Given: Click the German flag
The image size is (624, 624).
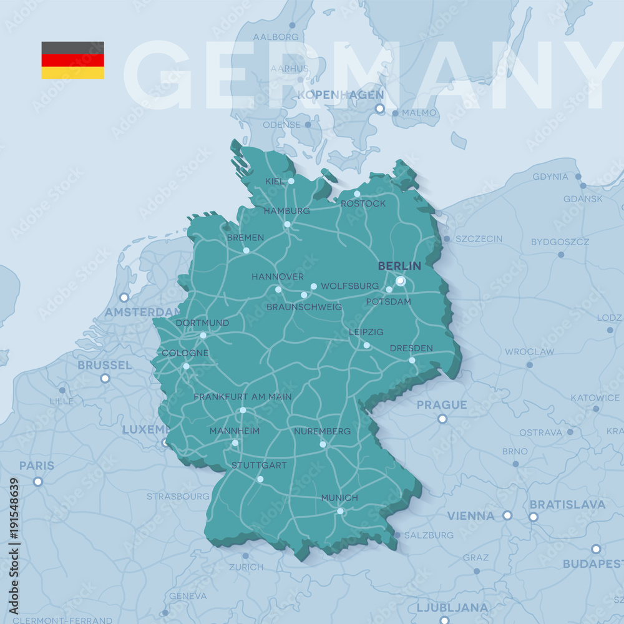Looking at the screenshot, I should [72, 60].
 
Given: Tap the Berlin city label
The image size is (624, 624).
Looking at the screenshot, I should [399, 266].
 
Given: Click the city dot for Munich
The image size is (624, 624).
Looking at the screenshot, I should [340, 511].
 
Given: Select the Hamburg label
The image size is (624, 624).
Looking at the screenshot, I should [286, 211].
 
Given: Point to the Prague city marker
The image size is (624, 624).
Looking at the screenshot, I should [442, 419].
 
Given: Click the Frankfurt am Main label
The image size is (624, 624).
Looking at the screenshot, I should [242, 397].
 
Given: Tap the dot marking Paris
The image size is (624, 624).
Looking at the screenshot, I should [38, 481].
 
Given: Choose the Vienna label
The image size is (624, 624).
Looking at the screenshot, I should [470, 516].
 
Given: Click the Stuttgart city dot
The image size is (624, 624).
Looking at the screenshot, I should [260, 479].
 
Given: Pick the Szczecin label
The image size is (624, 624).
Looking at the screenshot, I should [479, 239].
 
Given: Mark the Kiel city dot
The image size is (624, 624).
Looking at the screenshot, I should [291, 181].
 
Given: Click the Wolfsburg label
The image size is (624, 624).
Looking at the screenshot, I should [349, 286].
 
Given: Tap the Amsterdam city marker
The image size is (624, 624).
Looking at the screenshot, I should [124, 297].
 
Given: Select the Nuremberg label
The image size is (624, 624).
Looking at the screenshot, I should [323, 431].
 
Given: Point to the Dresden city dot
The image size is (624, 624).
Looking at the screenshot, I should [412, 360].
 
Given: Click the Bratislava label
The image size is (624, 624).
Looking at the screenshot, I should [567, 504].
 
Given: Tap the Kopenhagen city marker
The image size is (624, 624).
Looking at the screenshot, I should [379, 109].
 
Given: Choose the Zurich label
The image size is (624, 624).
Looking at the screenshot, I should [246, 567].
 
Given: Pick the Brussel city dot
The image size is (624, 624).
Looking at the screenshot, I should [105, 378].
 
